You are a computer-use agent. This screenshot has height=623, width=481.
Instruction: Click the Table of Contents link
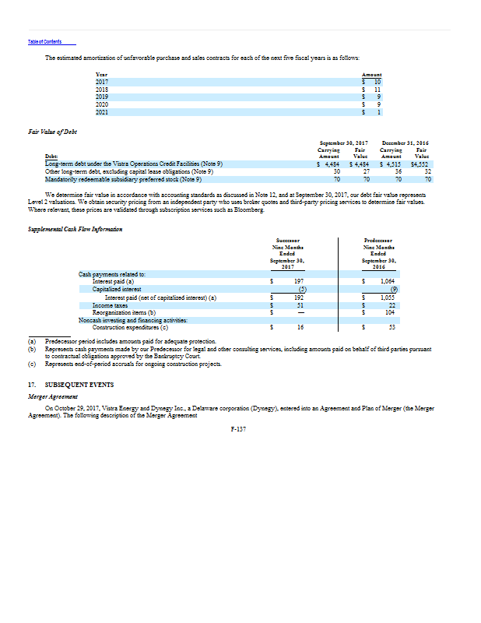pyautogui.click(x=44, y=41)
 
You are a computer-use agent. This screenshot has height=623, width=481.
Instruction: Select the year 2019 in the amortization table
pyautogui.click(x=103, y=97)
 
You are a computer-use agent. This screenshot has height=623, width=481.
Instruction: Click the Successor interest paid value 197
pyautogui.click(x=297, y=280)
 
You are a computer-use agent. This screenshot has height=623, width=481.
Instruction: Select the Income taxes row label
pyautogui.click(x=109, y=305)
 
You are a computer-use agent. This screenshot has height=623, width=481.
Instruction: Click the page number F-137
pyautogui.click(x=239, y=430)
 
